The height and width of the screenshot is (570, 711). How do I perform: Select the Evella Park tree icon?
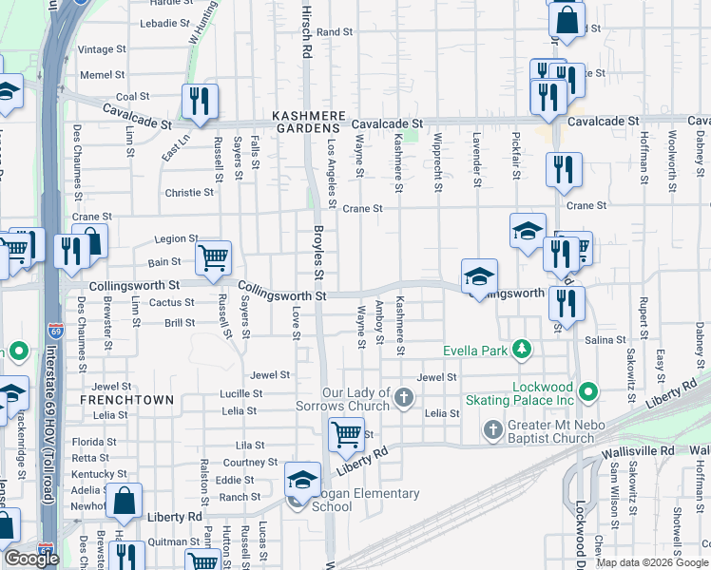[521, 351]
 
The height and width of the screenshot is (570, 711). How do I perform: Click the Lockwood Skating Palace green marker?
[588, 390]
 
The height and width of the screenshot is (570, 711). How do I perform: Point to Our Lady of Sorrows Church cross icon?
[404, 396]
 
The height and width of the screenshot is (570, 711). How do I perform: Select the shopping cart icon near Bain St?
[213, 257]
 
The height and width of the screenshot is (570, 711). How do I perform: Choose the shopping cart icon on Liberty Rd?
[346, 435]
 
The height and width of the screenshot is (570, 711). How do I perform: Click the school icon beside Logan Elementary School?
[302, 479]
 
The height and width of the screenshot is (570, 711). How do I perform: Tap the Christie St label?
[189, 193]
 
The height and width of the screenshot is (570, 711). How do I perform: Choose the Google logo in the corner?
[31, 559]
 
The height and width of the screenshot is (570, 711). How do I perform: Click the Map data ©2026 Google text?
[651, 561]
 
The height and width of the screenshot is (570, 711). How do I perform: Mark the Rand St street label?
[335, 31]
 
